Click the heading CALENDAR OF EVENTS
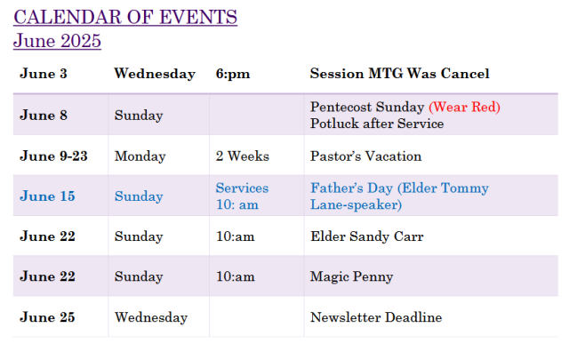(x=125, y=17)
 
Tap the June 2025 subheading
(x=57, y=40)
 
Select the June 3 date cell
(x=44, y=74)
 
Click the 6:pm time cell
(x=233, y=74)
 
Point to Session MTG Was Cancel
(x=399, y=74)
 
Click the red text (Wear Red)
(x=464, y=107)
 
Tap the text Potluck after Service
(x=377, y=124)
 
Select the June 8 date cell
(x=44, y=116)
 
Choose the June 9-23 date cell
(x=53, y=156)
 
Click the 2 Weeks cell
(x=243, y=156)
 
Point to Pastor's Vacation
(x=365, y=156)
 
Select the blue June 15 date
(x=47, y=196)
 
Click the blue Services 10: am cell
(x=242, y=196)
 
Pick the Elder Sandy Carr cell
(x=367, y=236)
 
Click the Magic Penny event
(x=352, y=277)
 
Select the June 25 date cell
(x=47, y=317)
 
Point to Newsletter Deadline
(x=376, y=317)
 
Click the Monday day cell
(x=140, y=156)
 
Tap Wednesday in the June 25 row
(x=151, y=317)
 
